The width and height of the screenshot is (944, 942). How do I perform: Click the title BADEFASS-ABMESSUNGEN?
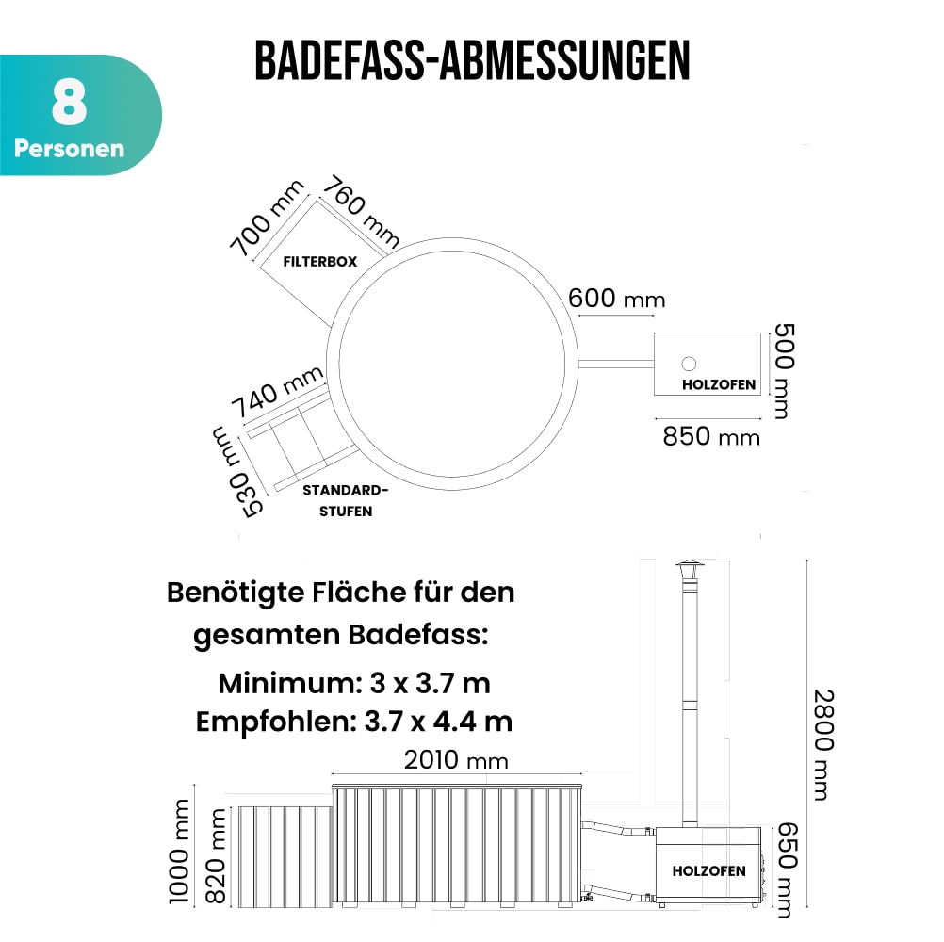(x=472, y=61)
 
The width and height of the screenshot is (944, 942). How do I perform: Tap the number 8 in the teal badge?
(x=69, y=106)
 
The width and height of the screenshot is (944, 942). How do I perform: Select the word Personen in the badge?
(x=69, y=149)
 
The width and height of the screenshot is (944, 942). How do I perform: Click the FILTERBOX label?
(x=320, y=262)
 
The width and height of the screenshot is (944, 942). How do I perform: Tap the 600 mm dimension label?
(x=617, y=299)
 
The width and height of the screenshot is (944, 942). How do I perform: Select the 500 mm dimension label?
(x=784, y=371)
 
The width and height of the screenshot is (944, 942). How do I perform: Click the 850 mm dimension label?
(x=712, y=436)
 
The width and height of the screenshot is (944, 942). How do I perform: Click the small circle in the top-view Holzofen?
(x=689, y=364)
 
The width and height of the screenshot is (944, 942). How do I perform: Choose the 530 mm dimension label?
(x=236, y=470)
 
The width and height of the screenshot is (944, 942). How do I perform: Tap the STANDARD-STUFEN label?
(x=345, y=501)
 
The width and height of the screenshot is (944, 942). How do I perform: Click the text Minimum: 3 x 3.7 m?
(x=354, y=682)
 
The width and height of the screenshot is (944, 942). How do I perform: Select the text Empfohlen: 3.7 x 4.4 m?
(x=354, y=722)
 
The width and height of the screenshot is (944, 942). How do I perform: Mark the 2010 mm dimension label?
(x=456, y=760)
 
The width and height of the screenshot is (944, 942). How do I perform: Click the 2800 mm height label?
(x=822, y=744)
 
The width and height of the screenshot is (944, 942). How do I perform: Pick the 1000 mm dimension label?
(x=180, y=852)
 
